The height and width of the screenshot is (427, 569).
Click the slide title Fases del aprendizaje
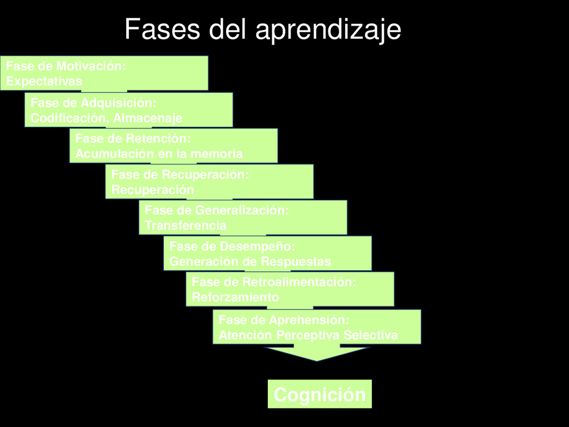pyautogui.click(x=262, y=29)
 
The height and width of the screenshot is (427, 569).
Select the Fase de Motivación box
pyautogui.click(x=104, y=73)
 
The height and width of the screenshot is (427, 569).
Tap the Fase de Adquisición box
pyautogui.click(x=128, y=110)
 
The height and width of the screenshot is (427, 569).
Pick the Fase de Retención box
pyautogui.click(x=173, y=146)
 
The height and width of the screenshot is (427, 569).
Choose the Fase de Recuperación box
pyautogui.click(x=209, y=182)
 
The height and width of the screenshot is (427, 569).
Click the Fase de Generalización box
pyautogui.click(x=243, y=217)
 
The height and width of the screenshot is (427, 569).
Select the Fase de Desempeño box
pyautogui.click(x=267, y=253)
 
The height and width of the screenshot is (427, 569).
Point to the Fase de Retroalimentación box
pyautogui.click(x=290, y=289)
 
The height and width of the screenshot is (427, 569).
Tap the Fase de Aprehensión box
pyautogui.click(x=317, y=327)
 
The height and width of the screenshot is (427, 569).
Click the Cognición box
pyautogui.click(x=320, y=395)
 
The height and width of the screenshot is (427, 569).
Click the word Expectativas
pyautogui.click(x=44, y=81)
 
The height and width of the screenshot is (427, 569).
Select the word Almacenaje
pyautogui.click(x=147, y=118)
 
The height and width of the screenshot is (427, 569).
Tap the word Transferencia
pyautogui.click(x=185, y=226)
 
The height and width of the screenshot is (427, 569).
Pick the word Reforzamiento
pyautogui.click(x=235, y=297)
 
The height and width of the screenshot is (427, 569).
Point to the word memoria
pyautogui.click(x=218, y=154)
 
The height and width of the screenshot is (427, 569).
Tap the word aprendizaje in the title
pyautogui.click(x=328, y=29)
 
